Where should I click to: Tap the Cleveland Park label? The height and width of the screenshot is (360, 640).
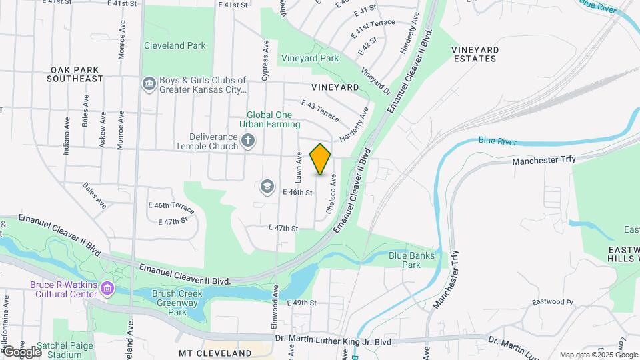click(x=175, y=46)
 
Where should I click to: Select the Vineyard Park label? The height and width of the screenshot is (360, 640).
click(x=309, y=59)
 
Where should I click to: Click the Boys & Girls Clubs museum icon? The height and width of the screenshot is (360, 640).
click(x=148, y=84)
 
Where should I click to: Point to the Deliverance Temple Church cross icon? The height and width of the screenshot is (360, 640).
click(x=248, y=141)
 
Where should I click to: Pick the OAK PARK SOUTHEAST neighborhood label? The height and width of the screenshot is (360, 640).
click(x=75, y=74)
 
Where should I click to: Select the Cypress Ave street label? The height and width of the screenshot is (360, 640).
click(x=265, y=61)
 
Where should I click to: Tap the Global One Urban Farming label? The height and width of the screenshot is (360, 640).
click(x=273, y=119)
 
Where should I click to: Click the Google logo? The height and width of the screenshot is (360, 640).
click(x=21, y=351)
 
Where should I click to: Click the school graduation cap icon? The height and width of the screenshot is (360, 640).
click(x=267, y=187)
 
